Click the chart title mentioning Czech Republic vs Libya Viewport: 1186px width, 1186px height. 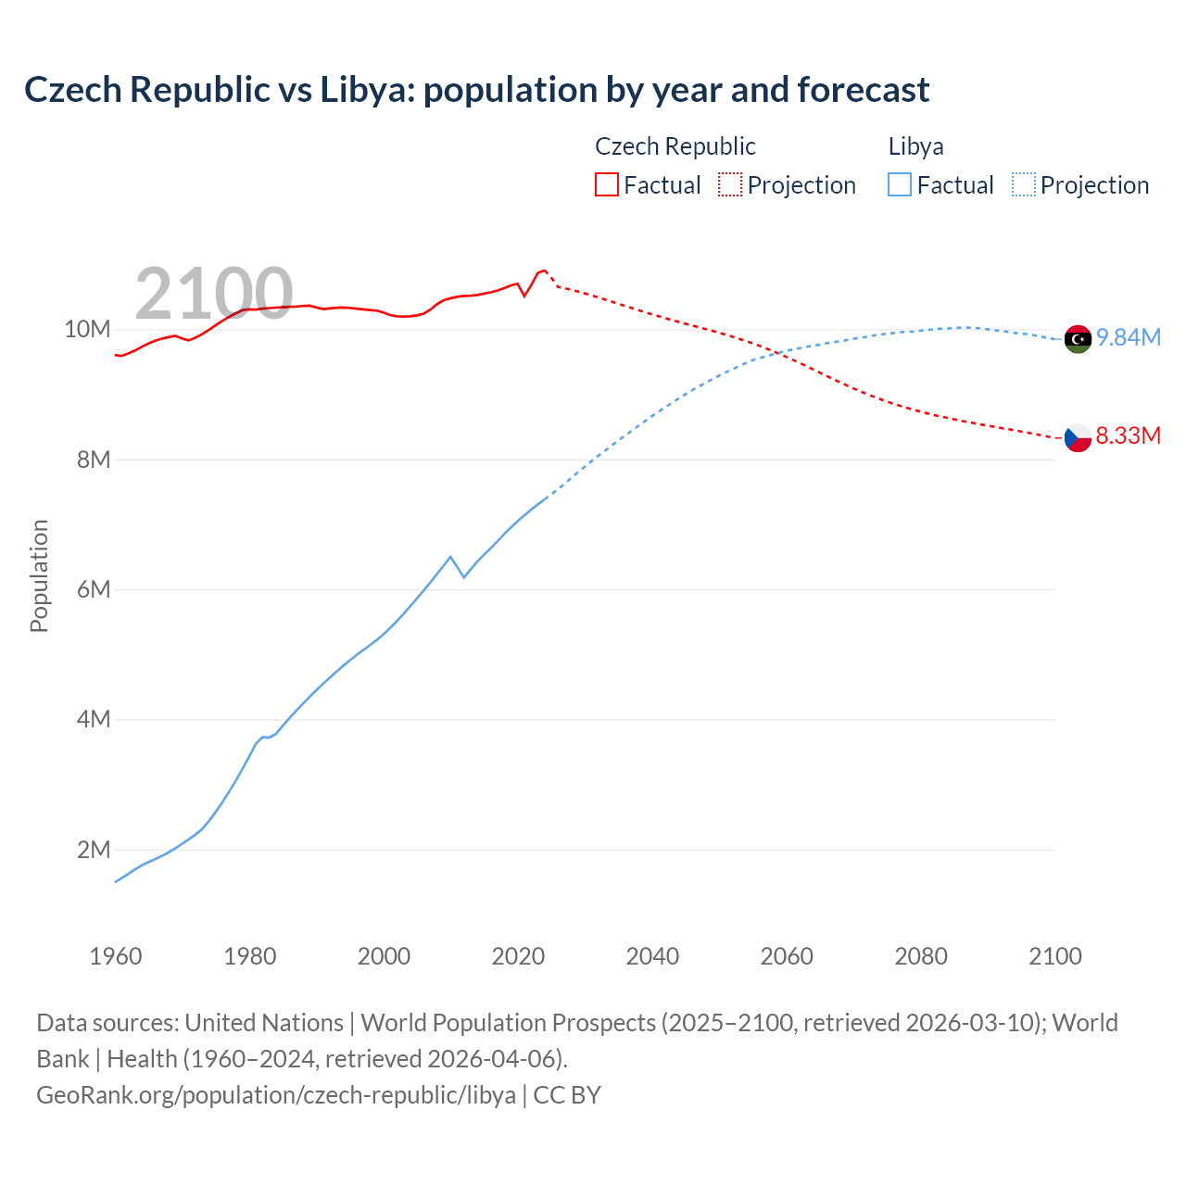(x=476, y=90)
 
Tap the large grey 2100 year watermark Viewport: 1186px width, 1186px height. (x=214, y=294)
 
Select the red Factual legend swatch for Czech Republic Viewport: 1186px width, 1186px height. (x=606, y=184)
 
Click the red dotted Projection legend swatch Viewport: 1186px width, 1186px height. (x=730, y=184)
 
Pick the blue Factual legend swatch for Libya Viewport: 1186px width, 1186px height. (x=900, y=184)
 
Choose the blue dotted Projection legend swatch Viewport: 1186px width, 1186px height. (x=1023, y=184)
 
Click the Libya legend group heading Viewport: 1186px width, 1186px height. (x=915, y=146)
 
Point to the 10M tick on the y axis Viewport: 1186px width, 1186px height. (x=87, y=330)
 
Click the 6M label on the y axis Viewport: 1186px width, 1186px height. (x=94, y=590)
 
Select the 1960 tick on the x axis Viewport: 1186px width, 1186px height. (x=116, y=956)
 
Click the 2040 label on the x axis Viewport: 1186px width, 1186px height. (x=652, y=956)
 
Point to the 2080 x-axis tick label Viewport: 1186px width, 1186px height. (x=921, y=956)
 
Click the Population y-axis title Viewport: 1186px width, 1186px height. (x=39, y=575)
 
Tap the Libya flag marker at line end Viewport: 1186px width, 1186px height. (x=1078, y=340)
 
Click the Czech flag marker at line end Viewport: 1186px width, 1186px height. (x=1078, y=437)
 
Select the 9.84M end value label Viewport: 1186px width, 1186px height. (x=1129, y=337)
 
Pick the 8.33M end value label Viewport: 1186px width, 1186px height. (x=1129, y=435)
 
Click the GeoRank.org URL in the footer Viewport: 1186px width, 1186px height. (x=276, y=1095)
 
